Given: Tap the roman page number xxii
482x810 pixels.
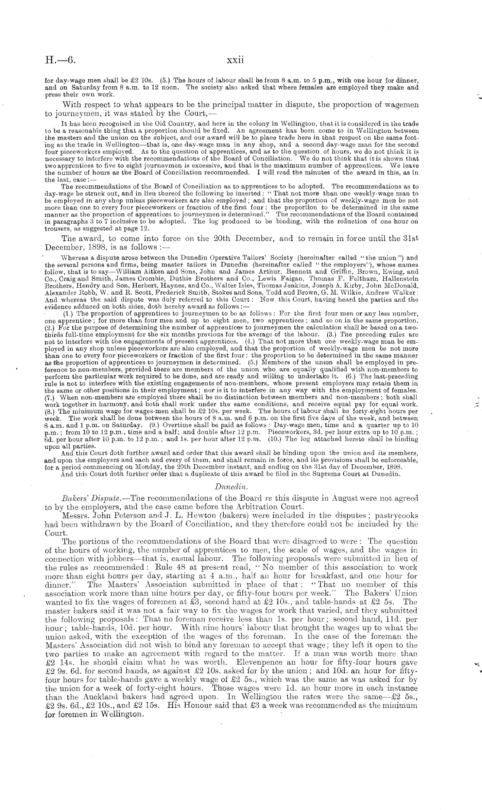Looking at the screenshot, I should [x=235, y=60].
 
